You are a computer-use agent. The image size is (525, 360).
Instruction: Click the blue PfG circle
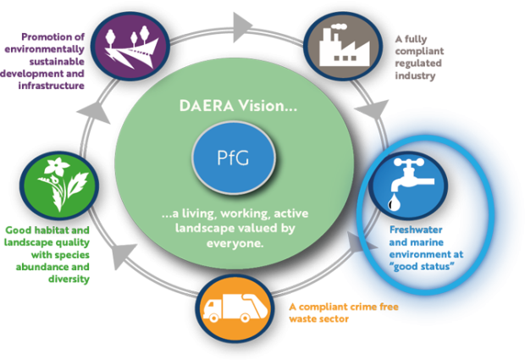click(x=232, y=157)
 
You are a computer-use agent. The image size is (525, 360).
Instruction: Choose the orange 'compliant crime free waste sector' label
click(x=342, y=313)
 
